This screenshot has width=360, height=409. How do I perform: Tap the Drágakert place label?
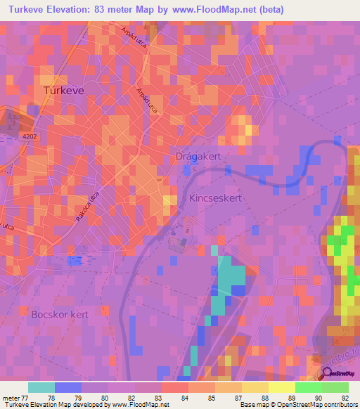(198, 158)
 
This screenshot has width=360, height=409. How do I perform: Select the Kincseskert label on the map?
(216, 199)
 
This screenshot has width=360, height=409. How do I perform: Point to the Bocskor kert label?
(60, 314)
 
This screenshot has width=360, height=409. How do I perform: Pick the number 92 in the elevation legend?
(344, 397)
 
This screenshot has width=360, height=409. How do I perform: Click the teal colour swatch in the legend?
(41, 387)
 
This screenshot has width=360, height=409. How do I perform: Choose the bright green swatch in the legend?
(308, 387)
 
